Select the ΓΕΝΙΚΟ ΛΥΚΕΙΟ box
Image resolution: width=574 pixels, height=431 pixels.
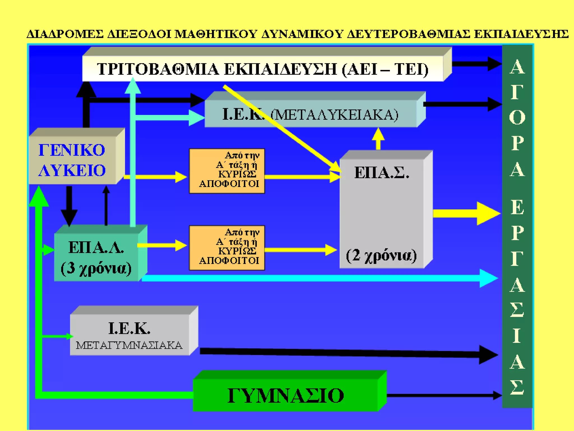(72, 160)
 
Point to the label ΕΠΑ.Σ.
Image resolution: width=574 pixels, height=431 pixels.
(382, 173)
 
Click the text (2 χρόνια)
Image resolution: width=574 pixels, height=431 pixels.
(381, 255)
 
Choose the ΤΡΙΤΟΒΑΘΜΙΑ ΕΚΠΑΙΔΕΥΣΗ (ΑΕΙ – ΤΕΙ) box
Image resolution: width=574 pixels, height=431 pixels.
(263, 69)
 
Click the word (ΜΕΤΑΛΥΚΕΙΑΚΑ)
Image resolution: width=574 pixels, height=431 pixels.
(335, 114)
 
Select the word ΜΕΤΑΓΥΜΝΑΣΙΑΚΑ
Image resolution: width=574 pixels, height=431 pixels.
(129, 345)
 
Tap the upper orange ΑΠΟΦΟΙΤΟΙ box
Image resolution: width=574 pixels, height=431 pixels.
(227, 171)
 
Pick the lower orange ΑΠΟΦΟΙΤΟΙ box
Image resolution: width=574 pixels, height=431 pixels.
(227, 248)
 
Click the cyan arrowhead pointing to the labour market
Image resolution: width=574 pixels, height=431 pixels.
(488, 278)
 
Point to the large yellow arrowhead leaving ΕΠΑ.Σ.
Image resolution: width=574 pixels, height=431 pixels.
(488, 213)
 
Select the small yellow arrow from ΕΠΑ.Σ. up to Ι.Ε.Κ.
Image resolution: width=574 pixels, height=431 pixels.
(378, 139)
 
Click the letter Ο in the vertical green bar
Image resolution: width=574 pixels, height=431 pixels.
(517, 117)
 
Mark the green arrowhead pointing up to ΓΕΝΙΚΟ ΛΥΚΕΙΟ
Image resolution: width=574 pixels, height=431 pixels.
(39, 196)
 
